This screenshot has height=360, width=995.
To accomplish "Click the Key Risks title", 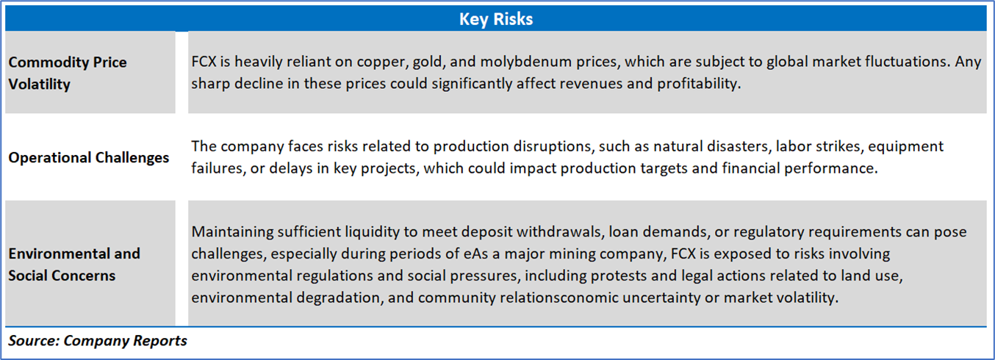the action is [496, 19].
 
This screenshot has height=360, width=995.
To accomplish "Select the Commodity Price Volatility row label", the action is [68, 73].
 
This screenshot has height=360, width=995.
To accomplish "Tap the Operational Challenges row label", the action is [89, 157].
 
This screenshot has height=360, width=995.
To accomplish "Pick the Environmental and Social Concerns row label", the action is [74, 264].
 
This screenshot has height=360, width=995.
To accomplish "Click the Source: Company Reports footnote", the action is [98, 340].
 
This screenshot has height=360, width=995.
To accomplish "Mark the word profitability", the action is [699, 84].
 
